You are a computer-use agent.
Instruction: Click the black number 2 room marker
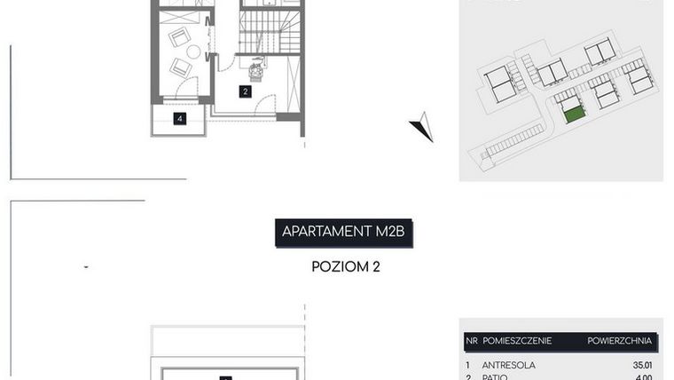[x=246, y=91]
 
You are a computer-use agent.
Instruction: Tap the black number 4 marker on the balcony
[x=180, y=118]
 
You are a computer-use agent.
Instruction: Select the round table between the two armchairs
[x=192, y=51]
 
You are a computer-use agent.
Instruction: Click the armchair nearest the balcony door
[x=181, y=67]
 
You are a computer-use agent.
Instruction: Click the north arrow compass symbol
[x=423, y=128]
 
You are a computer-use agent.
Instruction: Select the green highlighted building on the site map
[x=575, y=114]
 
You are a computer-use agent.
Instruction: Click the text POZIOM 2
[x=346, y=265]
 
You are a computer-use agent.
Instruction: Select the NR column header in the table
[x=471, y=340]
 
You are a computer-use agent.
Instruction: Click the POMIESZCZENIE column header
[x=517, y=340]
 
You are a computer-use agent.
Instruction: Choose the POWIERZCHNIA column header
[x=619, y=340]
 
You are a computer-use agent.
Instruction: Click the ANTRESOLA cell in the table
[x=508, y=364]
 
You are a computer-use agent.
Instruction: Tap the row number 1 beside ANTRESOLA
[x=467, y=364]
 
